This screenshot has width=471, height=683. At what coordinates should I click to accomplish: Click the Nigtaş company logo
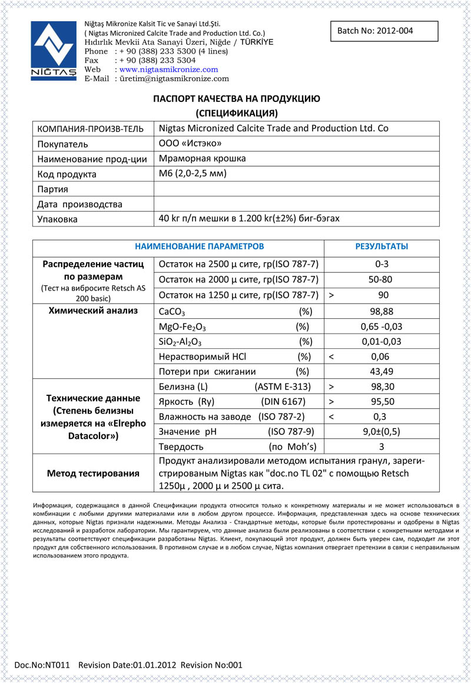[54, 51]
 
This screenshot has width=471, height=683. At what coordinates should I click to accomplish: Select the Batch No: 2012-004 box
[384, 31]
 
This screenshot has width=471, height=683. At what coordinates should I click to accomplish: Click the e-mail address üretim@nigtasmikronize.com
[174, 78]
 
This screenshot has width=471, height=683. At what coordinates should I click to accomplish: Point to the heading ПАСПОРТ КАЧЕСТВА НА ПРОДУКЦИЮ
[237, 99]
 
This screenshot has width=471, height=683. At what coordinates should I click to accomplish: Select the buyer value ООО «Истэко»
[191, 143]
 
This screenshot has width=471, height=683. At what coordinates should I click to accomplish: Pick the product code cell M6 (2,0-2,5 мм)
[193, 173]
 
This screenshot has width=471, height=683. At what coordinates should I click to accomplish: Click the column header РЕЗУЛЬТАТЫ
[382, 247]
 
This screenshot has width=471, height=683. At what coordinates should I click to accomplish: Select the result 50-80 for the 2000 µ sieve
[381, 279]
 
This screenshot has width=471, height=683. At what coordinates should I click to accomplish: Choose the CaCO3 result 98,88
[382, 311]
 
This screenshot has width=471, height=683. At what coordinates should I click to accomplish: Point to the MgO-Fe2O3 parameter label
[183, 327]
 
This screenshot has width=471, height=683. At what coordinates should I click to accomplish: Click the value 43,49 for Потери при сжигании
[382, 372]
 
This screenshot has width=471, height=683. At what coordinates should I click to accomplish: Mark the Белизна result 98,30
[382, 387]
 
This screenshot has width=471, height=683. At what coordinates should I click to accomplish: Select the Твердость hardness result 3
[381, 446]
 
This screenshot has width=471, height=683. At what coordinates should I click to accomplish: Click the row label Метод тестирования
[93, 473]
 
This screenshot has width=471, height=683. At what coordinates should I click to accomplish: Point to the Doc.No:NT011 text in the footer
[42, 665]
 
